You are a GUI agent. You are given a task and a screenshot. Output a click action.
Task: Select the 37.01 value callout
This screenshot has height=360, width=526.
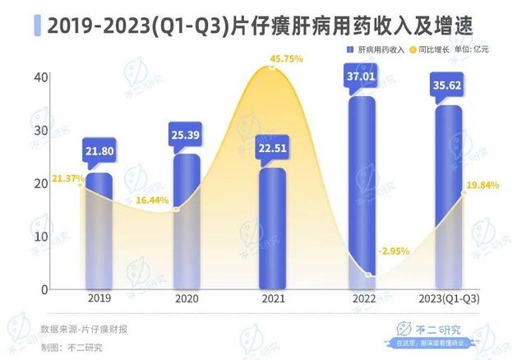[x=362, y=76]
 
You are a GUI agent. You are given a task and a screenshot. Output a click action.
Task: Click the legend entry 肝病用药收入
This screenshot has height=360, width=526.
[x=375, y=51]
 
